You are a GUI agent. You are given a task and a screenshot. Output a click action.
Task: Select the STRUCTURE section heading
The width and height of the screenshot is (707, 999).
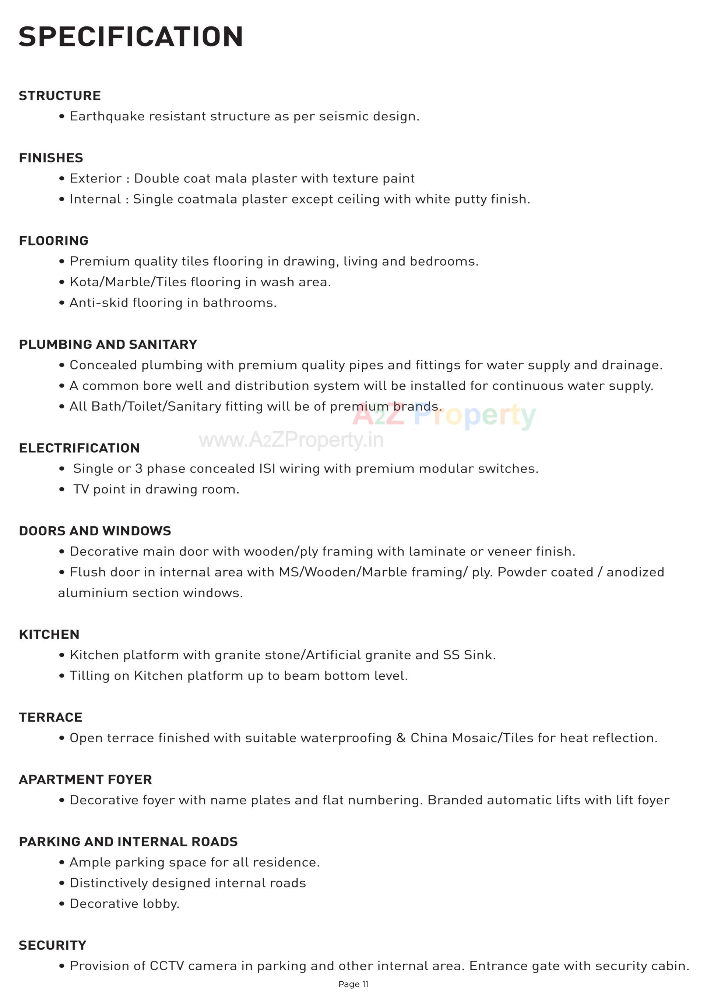(60, 96)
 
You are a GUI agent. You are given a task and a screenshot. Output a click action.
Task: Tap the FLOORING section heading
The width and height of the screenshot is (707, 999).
(53, 241)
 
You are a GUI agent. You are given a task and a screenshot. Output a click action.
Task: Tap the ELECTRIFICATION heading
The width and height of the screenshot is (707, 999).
(79, 448)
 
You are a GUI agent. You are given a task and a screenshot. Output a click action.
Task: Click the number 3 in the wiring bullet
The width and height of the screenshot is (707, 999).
(138, 469)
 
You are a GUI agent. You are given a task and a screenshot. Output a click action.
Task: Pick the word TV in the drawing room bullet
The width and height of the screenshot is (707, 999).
(81, 489)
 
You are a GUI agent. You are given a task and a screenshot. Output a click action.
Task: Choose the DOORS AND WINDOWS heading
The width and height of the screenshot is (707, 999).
(95, 531)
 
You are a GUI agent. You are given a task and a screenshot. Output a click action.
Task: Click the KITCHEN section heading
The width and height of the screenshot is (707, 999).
(49, 634)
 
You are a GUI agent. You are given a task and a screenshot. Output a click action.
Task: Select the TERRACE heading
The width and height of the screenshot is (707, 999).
(50, 717)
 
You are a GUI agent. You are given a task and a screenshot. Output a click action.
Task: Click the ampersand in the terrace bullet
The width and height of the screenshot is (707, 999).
(401, 738)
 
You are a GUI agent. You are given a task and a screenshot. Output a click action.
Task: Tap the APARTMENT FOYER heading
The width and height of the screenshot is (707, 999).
(85, 779)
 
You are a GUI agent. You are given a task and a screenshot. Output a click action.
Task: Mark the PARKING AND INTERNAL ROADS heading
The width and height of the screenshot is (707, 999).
(129, 842)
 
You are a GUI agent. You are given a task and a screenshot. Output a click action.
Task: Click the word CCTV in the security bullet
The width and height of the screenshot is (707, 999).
(167, 966)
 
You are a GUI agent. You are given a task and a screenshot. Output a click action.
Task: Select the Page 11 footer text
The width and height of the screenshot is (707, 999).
(353, 984)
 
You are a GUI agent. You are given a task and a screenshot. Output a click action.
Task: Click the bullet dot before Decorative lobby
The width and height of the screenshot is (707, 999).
(62, 904)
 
